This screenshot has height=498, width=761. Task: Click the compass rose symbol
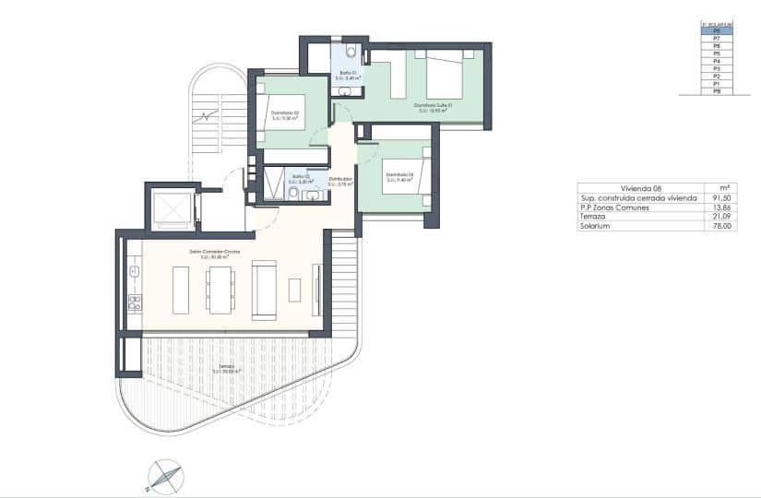pos(164,476)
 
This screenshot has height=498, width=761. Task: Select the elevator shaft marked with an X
pos(170,209)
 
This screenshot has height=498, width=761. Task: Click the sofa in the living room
pos(265,290)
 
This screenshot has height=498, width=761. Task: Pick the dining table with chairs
pos(220,290)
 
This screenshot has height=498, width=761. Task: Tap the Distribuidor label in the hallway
pos(340,179)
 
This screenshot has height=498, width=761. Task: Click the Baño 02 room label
pos(299,176)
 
